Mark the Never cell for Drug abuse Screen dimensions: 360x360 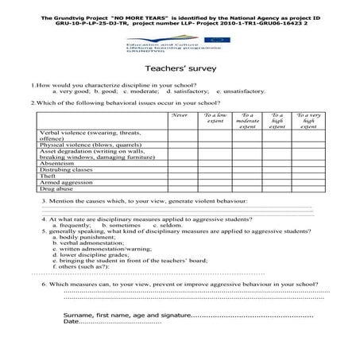click(x=180, y=190)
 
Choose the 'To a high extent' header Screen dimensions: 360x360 click(x=277, y=121)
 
